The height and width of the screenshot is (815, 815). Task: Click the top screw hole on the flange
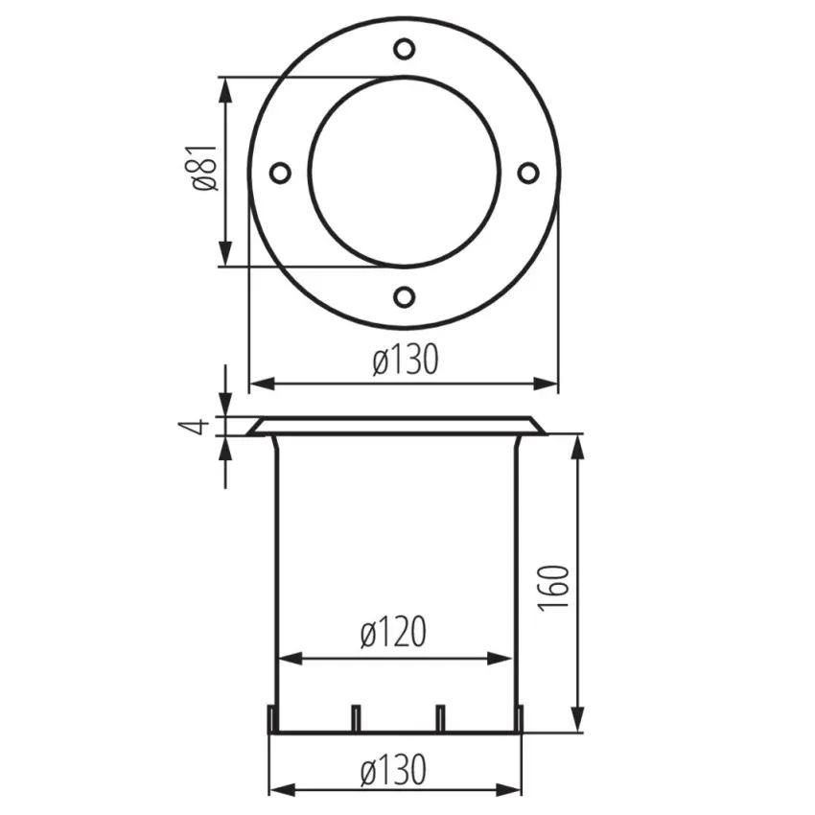pyautogui.click(x=405, y=47)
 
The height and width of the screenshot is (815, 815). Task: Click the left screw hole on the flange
pyautogui.click(x=279, y=173)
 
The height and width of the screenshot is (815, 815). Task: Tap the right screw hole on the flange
pyautogui.click(x=528, y=173)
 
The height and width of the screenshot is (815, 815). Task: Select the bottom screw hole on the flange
pyautogui.click(x=405, y=297)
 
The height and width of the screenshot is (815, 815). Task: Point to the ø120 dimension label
pyautogui.click(x=393, y=633)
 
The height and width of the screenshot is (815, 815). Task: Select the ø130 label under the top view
pyautogui.click(x=406, y=361)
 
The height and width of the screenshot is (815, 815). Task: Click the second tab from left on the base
pyautogui.click(x=356, y=718)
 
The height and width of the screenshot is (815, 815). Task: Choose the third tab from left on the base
pyautogui.click(x=440, y=718)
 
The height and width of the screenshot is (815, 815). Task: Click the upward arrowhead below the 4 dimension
pyautogui.click(x=226, y=448)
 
